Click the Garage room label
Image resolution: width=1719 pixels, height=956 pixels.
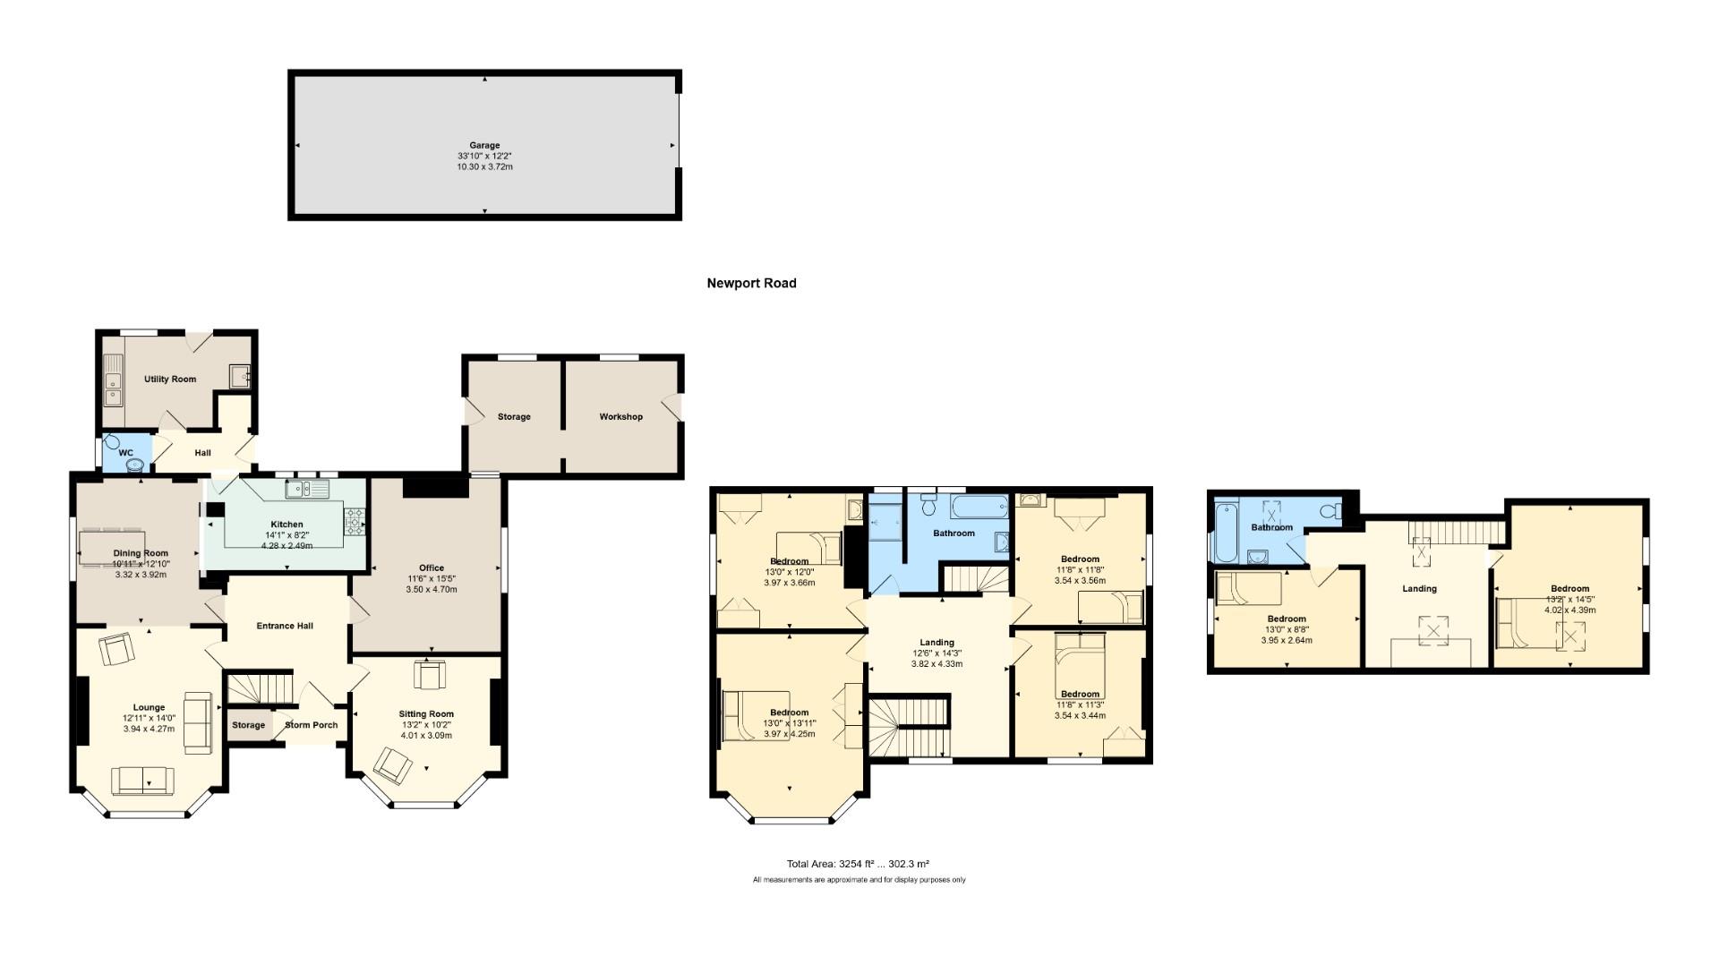(x=484, y=145)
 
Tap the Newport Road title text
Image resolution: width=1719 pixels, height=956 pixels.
(x=751, y=284)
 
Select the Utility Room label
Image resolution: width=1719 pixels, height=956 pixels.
(x=170, y=380)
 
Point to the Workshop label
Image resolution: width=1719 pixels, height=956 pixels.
(x=620, y=417)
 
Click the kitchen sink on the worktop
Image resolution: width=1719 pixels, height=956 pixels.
(x=307, y=489)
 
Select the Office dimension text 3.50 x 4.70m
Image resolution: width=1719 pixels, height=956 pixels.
(x=432, y=590)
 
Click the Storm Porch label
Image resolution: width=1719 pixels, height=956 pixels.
(x=311, y=725)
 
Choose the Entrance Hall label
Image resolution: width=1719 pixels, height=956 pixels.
(x=285, y=626)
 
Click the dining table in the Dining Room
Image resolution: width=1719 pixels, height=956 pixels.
(x=111, y=548)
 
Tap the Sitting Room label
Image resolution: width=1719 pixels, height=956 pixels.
(x=426, y=714)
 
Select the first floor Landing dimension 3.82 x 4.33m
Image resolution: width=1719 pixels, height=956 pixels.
(x=936, y=664)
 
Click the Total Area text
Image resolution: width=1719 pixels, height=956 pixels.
(x=857, y=864)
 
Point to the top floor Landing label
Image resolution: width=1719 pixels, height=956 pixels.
(x=1419, y=589)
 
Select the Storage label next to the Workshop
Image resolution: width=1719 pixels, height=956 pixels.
(x=514, y=417)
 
